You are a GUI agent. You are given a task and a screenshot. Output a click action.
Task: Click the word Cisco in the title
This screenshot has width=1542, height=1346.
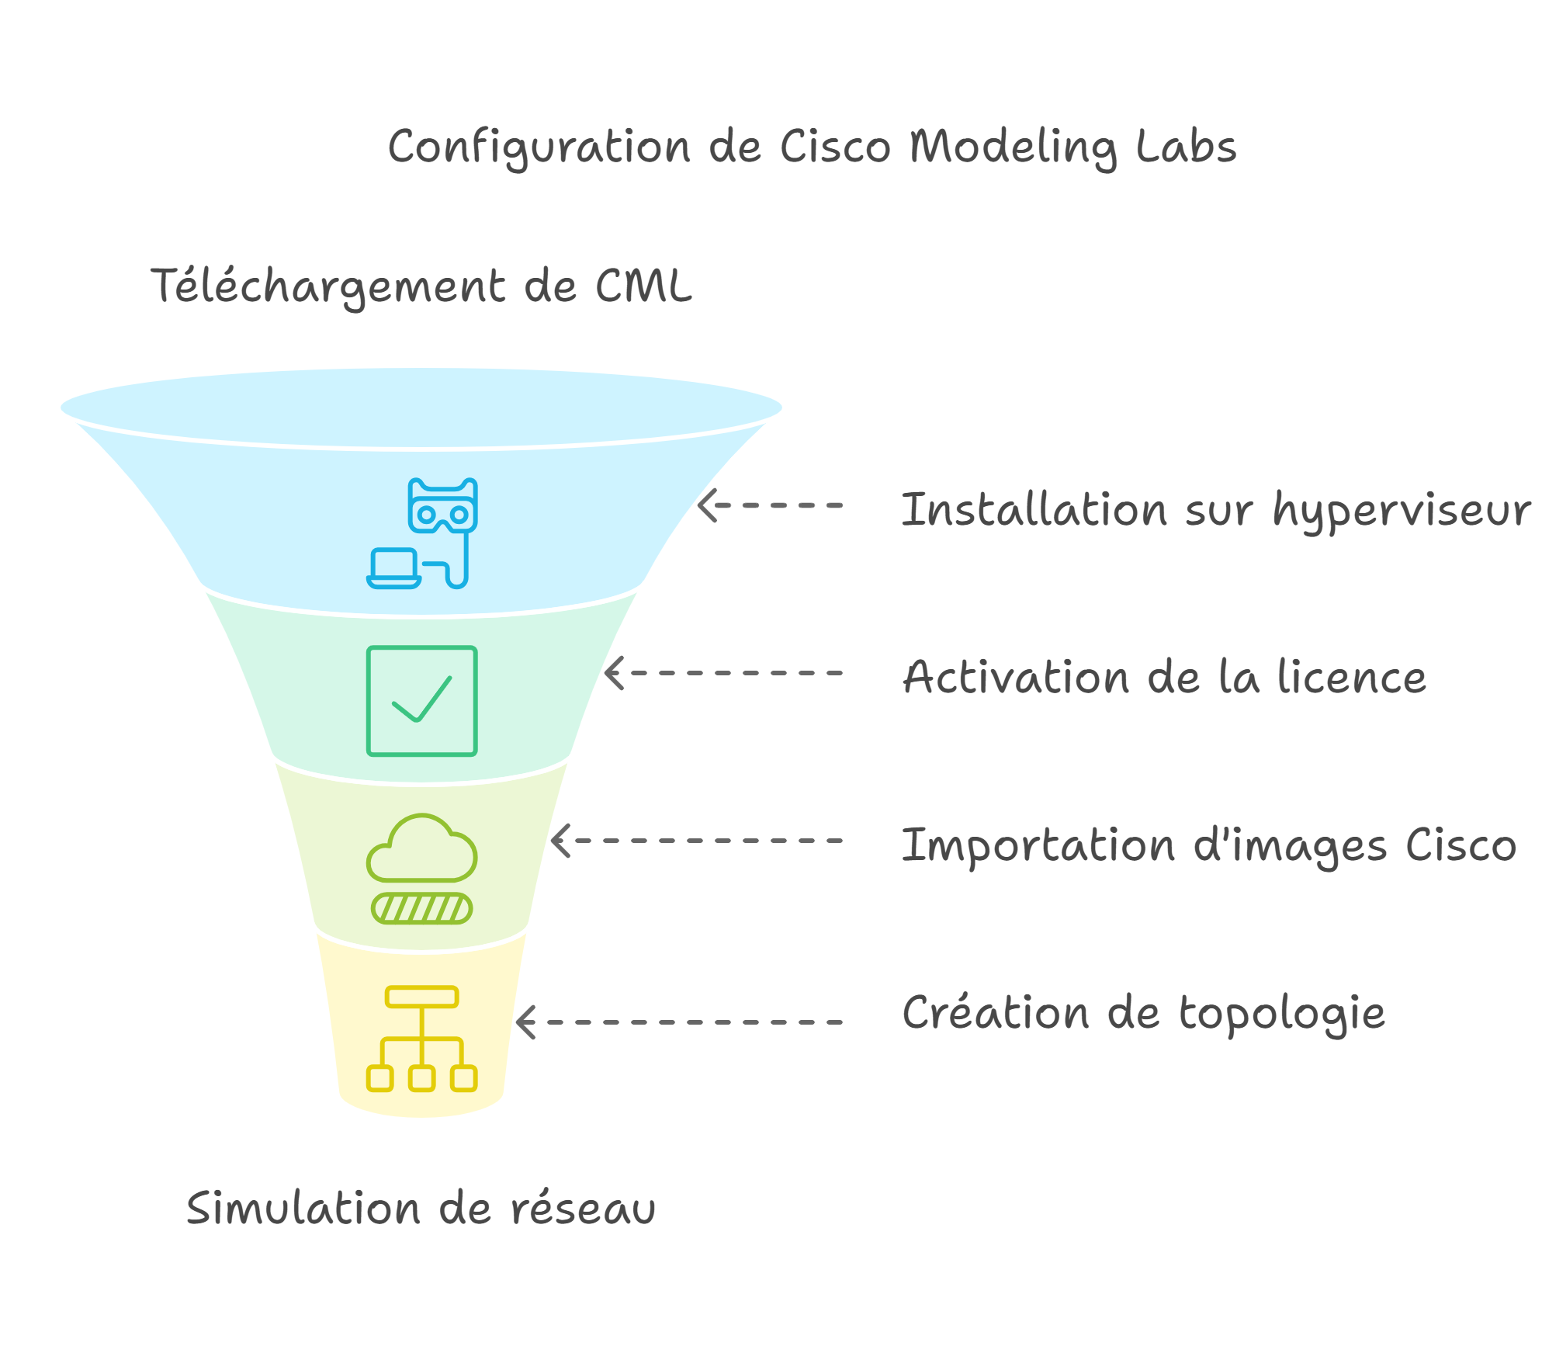[x=835, y=147]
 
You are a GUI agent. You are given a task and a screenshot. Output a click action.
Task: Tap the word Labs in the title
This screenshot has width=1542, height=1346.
[x=1186, y=147]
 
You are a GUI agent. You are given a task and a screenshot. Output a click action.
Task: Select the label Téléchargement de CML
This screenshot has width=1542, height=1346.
[x=421, y=286]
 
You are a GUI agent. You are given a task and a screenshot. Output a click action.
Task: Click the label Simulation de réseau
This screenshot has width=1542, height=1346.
[x=421, y=1209]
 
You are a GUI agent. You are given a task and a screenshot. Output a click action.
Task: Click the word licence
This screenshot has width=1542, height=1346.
[x=1351, y=678]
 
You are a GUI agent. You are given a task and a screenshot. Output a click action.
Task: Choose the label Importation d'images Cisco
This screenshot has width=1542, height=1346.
[x=1208, y=845]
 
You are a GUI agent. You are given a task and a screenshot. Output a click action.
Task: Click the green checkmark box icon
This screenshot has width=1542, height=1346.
[x=421, y=701]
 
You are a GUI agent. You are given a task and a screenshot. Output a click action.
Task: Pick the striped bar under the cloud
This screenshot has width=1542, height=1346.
[x=421, y=908]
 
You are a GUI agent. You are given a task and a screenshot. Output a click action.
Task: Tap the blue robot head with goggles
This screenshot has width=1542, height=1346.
[x=442, y=506]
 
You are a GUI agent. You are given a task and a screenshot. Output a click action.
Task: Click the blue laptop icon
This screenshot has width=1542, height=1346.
[x=393, y=568]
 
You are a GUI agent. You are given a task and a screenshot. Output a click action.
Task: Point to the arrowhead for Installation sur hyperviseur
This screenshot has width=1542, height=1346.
[x=706, y=505]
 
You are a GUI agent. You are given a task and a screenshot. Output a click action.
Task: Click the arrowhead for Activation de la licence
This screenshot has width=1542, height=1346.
[x=614, y=673]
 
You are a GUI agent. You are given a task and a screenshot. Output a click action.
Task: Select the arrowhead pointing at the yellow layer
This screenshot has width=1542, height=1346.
[x=525, y=1022]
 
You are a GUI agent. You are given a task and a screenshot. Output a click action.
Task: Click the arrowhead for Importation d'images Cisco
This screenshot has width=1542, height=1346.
[x=560, y=841]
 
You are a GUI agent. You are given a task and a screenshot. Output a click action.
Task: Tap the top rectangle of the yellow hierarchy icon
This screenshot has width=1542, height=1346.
[x=421, y=997]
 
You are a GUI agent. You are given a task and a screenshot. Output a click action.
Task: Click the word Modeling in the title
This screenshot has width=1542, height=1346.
[x=1013, y=147]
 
